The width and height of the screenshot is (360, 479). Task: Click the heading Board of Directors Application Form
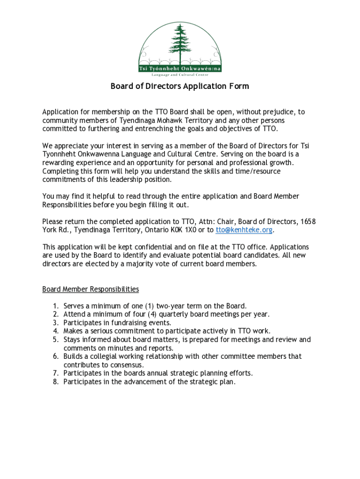pyautogui.click(x=180, y=86)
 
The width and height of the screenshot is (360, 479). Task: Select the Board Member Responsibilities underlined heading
pyautogui.click(x=91, y=289)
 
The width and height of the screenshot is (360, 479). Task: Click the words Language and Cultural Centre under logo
pyautogui.click(x=180, y=75)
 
